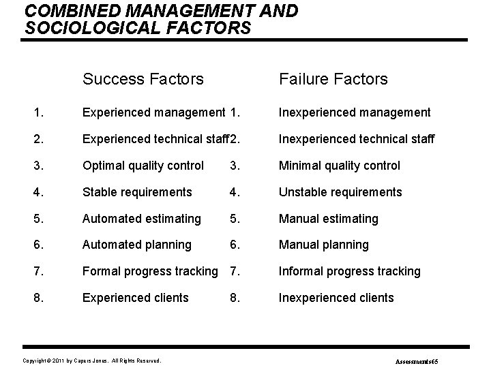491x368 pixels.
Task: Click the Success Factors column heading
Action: (143, 79)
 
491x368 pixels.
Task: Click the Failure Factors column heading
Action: (333, 79)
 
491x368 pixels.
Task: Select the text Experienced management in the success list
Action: (153, 112)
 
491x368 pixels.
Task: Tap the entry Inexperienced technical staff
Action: (357, 139)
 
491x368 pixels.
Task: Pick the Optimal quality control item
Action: (143, 166)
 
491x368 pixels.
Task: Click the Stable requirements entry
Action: (137, 192)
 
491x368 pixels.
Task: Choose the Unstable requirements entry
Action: (340, 192)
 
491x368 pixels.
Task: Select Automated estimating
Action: (142, 219)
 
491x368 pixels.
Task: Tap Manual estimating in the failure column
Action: (328, 219)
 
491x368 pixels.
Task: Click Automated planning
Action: (136, 245)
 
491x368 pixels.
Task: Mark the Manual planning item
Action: (323, 245)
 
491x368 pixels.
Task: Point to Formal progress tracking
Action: (149, 271)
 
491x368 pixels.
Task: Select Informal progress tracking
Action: (350, 271)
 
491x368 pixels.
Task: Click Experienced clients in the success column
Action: (136, 298)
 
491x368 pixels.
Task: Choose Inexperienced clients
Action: (336, 298)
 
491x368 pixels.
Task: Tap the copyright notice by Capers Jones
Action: (91, 360)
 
